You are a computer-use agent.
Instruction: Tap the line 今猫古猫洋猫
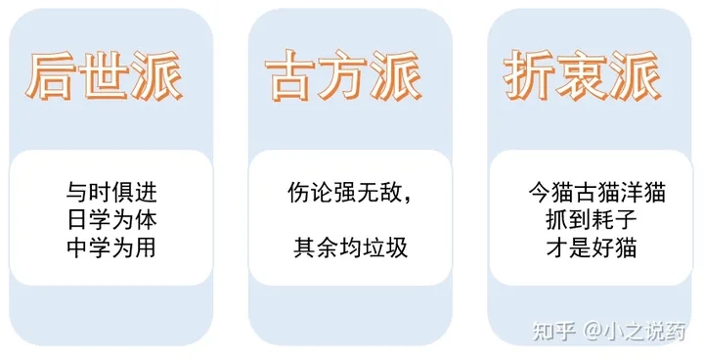click(x=596, y=193)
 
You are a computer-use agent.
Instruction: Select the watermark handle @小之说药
click(x=637, y=331)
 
